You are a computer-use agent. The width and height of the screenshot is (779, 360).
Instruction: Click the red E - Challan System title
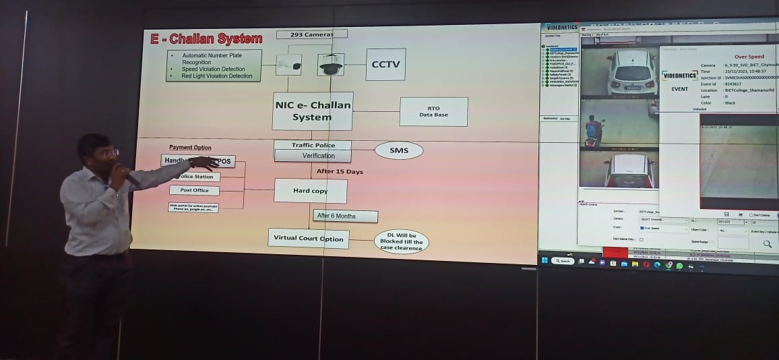pos(206,39)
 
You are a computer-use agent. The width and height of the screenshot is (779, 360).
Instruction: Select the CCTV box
pos(385,64)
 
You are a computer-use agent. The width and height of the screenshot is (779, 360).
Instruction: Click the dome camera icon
pos(330,65)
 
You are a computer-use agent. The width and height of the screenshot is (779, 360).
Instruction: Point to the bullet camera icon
pos(288,65)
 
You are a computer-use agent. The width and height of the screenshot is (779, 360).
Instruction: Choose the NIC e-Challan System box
pos(313,111)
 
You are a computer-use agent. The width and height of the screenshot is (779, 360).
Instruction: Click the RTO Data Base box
pos(433,111)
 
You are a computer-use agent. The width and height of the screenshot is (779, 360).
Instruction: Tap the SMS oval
pos(398,150)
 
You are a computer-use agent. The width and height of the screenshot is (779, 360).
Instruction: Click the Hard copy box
pos(310,191)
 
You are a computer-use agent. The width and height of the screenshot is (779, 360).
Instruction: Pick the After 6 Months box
pos(345,216)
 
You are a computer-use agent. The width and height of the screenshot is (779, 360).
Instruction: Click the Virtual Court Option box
pos(308,238)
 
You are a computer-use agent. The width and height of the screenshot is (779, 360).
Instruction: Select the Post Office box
pos(194,191)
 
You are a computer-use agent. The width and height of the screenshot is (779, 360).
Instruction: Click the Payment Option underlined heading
pos(190,148)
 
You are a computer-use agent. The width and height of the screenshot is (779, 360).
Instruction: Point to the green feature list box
pos(213,65)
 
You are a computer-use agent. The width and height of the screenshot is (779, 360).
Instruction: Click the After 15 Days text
pos(340,172)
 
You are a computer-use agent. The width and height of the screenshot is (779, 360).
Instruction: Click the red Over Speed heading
pos(749,57)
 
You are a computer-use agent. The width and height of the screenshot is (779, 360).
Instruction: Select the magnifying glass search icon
pos(767,244)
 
